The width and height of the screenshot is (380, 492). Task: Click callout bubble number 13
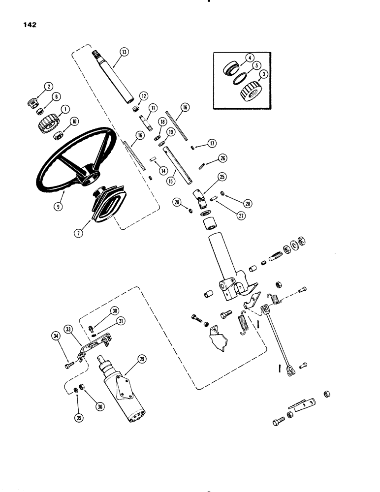[123, 52]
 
